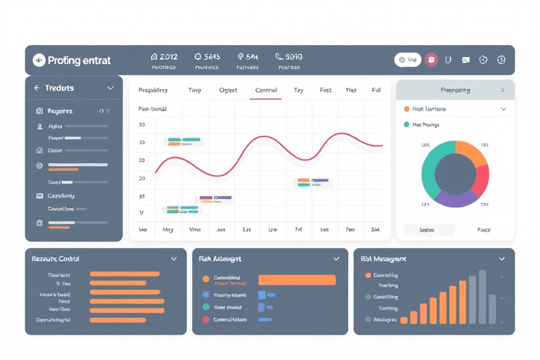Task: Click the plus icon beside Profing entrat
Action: click(x=39, y=60)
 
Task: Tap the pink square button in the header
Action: click(x=432, y=60)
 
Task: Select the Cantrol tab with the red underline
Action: click(x=266, y=90)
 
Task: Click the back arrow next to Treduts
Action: click(x=37, y=89)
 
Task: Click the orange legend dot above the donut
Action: click(x=406, y=109)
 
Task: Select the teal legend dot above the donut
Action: click(x=406, y=124)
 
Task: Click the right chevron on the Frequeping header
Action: click(x=502, y=90)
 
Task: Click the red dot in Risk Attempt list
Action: click(x=206, y=319)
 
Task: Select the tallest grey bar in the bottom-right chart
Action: click(x=482, y=295)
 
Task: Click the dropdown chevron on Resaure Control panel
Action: click(x=174, y=259)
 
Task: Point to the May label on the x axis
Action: click(x=167, y=230)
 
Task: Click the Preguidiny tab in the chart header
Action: click(x=153, y=90)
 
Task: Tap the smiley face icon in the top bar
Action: click(x=501, y=60)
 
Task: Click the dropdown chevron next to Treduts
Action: click(x=110, y=89)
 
